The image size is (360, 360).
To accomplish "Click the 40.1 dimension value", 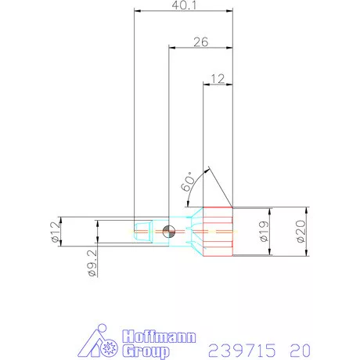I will (184, 5).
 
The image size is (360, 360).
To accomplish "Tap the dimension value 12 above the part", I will (218, 78).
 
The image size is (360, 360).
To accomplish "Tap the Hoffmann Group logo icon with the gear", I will (103, 340).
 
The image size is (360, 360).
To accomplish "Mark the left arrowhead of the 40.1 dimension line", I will (138, 12).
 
